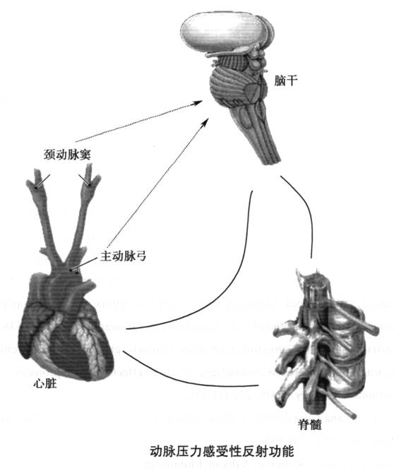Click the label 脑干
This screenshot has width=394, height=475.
point(286,81)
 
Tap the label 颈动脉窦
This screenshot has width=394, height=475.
point(67,155)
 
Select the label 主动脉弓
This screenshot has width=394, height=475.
point(124,256)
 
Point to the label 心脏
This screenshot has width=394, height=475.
point(45,384)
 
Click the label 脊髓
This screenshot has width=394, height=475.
point(309,425)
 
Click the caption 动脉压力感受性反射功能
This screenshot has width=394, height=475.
point(222,451)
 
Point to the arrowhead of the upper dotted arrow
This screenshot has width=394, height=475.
point(198,103)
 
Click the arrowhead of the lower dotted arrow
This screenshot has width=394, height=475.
point(205,122)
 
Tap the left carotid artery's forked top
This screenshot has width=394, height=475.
point(36,179)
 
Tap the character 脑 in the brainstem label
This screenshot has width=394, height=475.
point(280,81)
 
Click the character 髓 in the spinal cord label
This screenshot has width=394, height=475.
point(316,425)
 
